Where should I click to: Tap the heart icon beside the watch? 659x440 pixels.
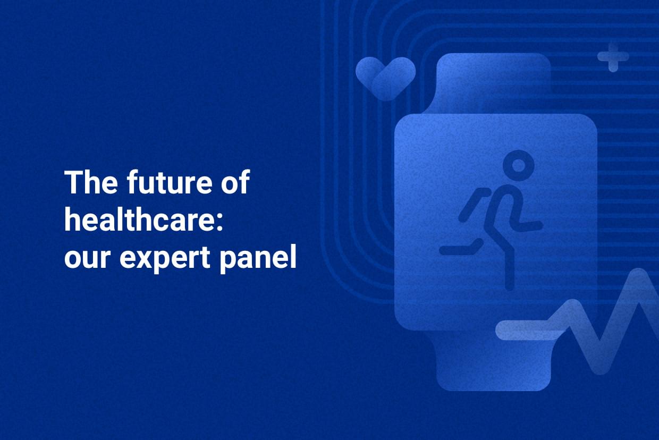(x=385, y=78)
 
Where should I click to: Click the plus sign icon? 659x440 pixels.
(x=613, y=57)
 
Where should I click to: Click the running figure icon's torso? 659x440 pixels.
(x=502, y=213)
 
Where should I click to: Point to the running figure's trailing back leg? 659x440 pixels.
(x=462, y=248)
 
